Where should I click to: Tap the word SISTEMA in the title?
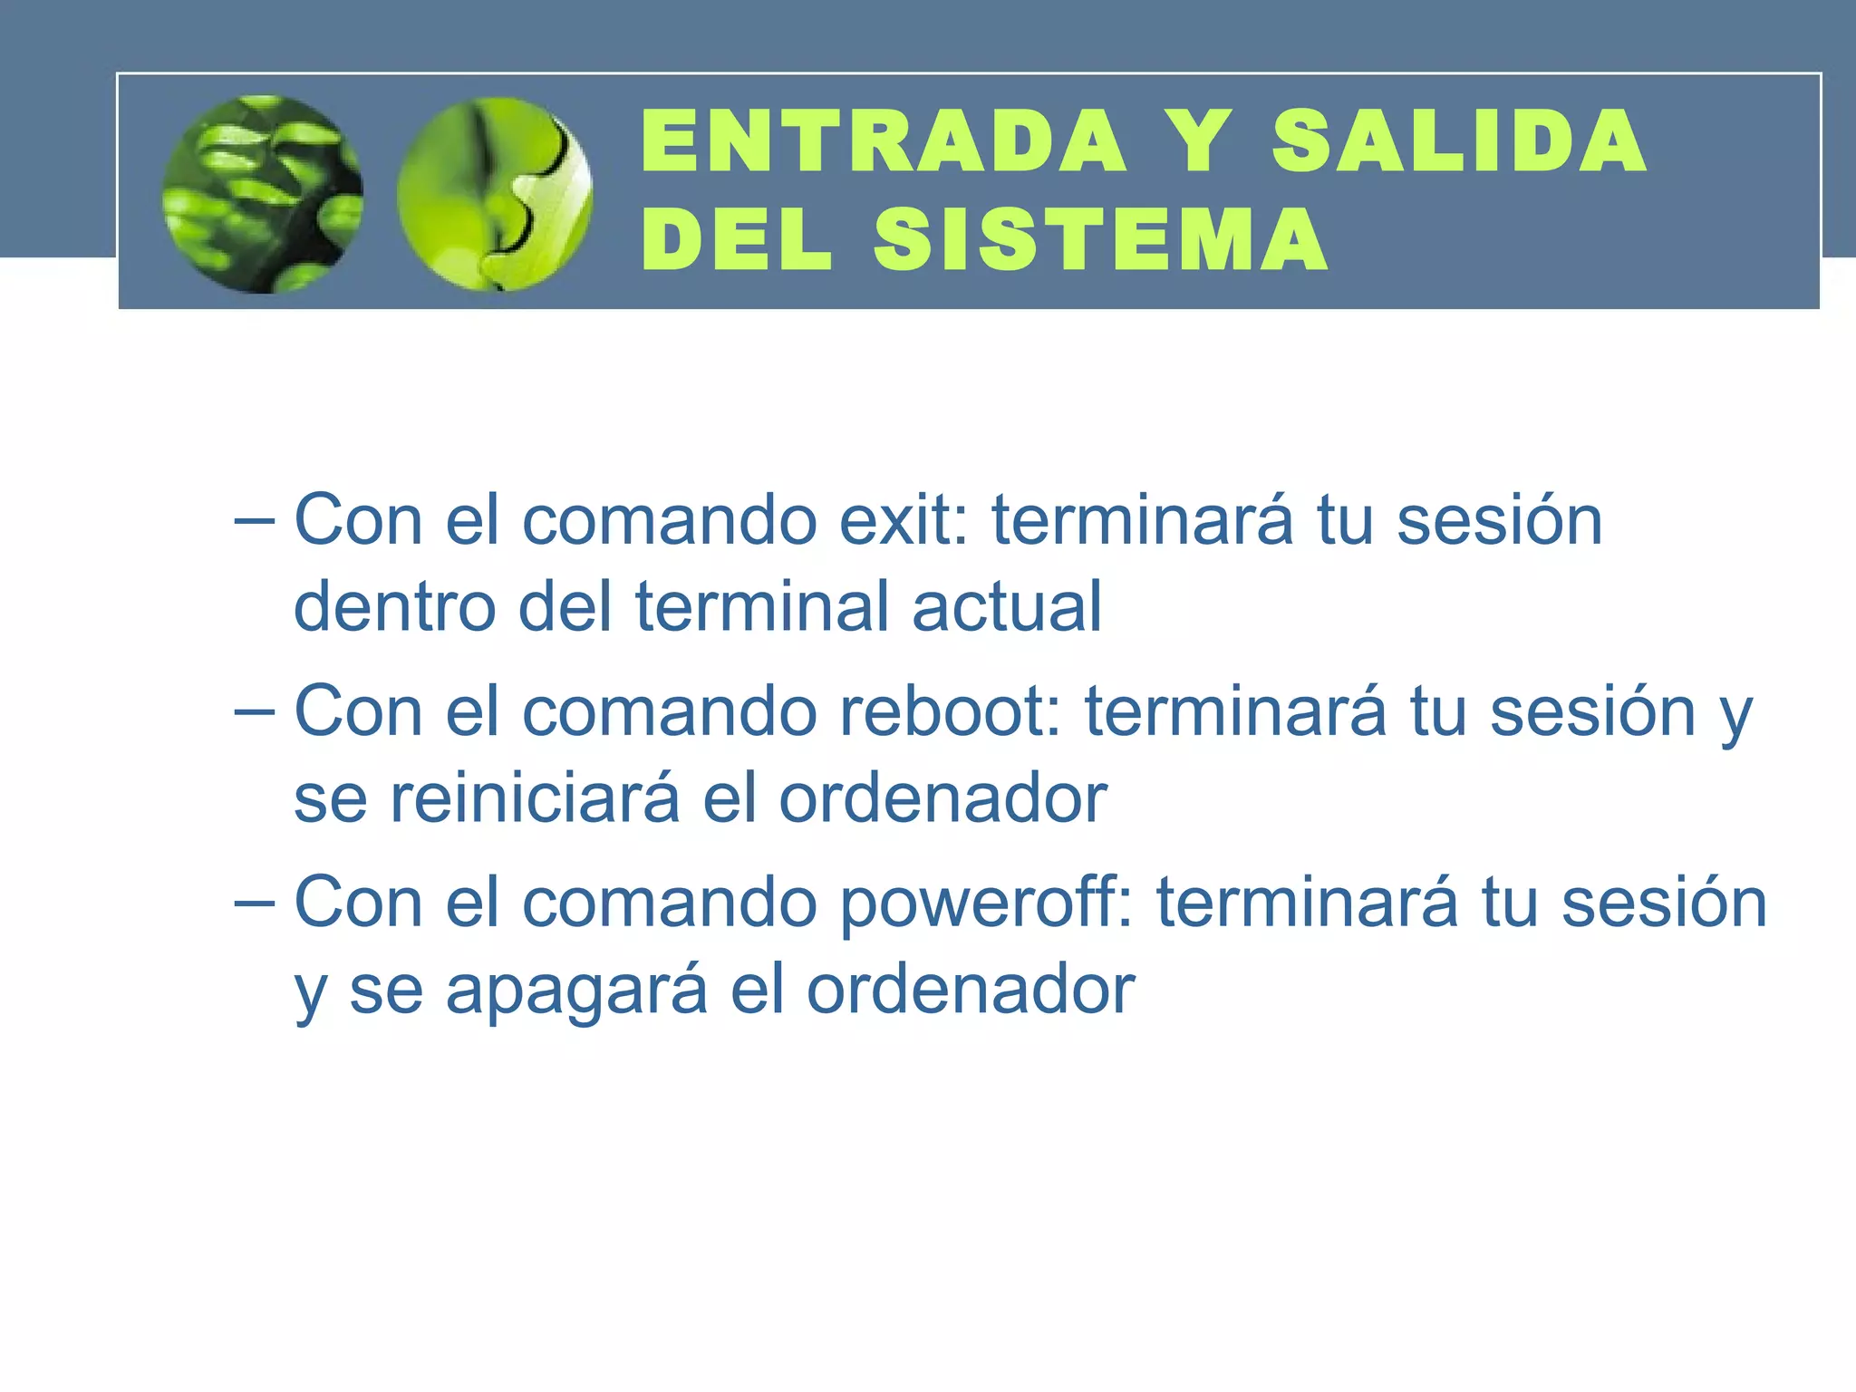[1101, 239]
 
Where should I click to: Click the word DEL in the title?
[736, 239]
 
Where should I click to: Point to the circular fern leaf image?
[263, 194]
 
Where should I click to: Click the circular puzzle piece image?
[495, 194]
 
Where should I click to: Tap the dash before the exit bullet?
[253, 522]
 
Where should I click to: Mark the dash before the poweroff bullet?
[253, 904]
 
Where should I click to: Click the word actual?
[1007, 606]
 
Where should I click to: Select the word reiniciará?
[535, 798]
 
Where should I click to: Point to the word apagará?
[576, 990]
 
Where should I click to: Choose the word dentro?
[395, 606]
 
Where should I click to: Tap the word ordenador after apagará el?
[971, 990]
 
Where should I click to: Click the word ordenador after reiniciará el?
[943, 798]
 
